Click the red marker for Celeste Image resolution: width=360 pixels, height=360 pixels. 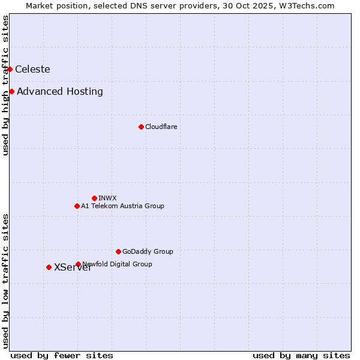[x=10, y=69]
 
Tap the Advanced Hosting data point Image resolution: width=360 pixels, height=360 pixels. [x=11, y=91]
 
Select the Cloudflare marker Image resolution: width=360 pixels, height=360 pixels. [x=141, y=127]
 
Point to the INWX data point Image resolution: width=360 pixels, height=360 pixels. [x=94, y=198]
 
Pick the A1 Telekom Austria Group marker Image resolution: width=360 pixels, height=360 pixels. [x=77, y=206]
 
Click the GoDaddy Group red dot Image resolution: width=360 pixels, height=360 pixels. [x=118, y=251]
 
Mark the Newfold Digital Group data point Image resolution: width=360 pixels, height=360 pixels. [x=78, y=264]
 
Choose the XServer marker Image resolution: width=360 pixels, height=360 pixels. [x=49, y=267]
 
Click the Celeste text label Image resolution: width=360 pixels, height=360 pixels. [x=32, y=69]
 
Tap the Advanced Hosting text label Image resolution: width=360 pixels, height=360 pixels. [x=60, y=91]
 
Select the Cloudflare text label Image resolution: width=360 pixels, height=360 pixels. [x=161, y=127]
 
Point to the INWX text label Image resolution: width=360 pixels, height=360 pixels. [x=107, y=198]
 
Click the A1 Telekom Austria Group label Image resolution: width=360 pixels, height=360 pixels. [x=122, y=206]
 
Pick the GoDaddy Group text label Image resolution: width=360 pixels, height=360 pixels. [x=148, y=251]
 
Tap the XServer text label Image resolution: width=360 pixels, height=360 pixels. [x=73, y=268]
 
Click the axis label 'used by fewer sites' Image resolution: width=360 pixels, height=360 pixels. [x=62, y=355]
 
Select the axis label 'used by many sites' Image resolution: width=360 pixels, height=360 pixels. [x=301, y=355]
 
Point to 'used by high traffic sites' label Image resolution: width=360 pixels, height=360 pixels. [x=5, y=85]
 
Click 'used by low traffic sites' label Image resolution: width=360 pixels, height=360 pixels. [x=5, y=281]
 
